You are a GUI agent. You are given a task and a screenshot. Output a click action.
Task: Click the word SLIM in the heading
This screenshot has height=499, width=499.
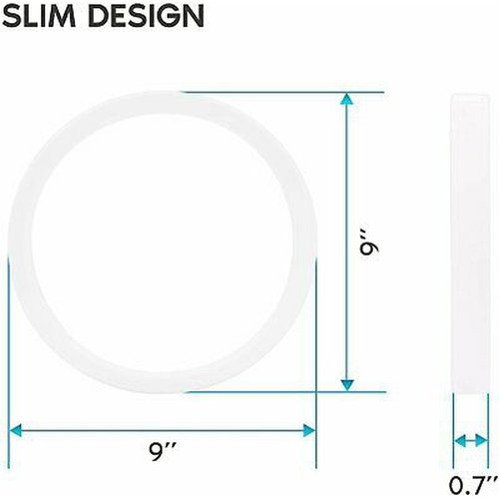pos(39,16)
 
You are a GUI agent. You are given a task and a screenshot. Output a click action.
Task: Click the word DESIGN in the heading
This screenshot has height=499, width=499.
pos(147,16)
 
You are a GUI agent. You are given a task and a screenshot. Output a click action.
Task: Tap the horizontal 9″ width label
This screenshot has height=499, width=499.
pos(162,452)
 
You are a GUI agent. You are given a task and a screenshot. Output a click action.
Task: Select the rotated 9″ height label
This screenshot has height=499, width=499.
pos(370,246)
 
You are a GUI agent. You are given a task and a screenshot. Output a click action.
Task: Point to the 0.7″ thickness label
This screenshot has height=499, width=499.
pos(472,485)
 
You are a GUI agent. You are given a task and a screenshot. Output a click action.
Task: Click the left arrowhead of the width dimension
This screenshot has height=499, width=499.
pos(15,430)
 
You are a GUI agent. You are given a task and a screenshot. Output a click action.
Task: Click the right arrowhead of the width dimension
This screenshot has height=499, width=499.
pos(309,430)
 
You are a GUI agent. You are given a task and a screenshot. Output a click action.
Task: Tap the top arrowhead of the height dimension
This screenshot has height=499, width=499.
pos(346,99)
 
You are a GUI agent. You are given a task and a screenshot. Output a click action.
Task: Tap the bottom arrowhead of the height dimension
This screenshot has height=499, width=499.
pos(347,385)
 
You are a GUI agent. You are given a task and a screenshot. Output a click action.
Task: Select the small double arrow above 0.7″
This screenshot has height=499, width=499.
pos(471,441)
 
